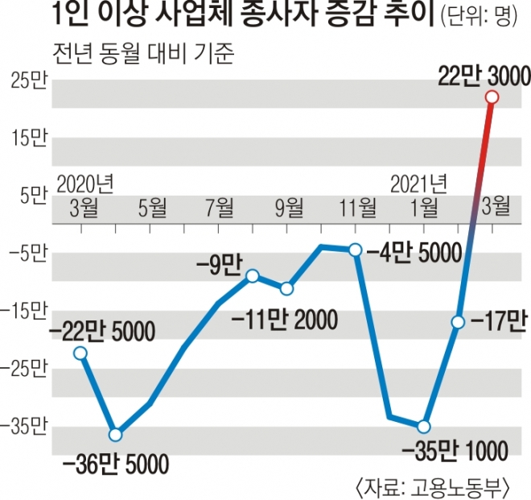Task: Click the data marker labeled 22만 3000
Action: [492, 97]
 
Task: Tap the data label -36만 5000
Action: [115, 464]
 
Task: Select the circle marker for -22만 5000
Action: [80, 353]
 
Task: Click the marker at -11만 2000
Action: [286, 289]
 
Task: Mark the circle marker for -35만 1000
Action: [424, 426]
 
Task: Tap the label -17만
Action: [496, 322]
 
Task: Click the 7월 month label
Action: [220, 207]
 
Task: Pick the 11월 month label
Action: [356, 207]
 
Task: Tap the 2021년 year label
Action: [420, 181]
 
